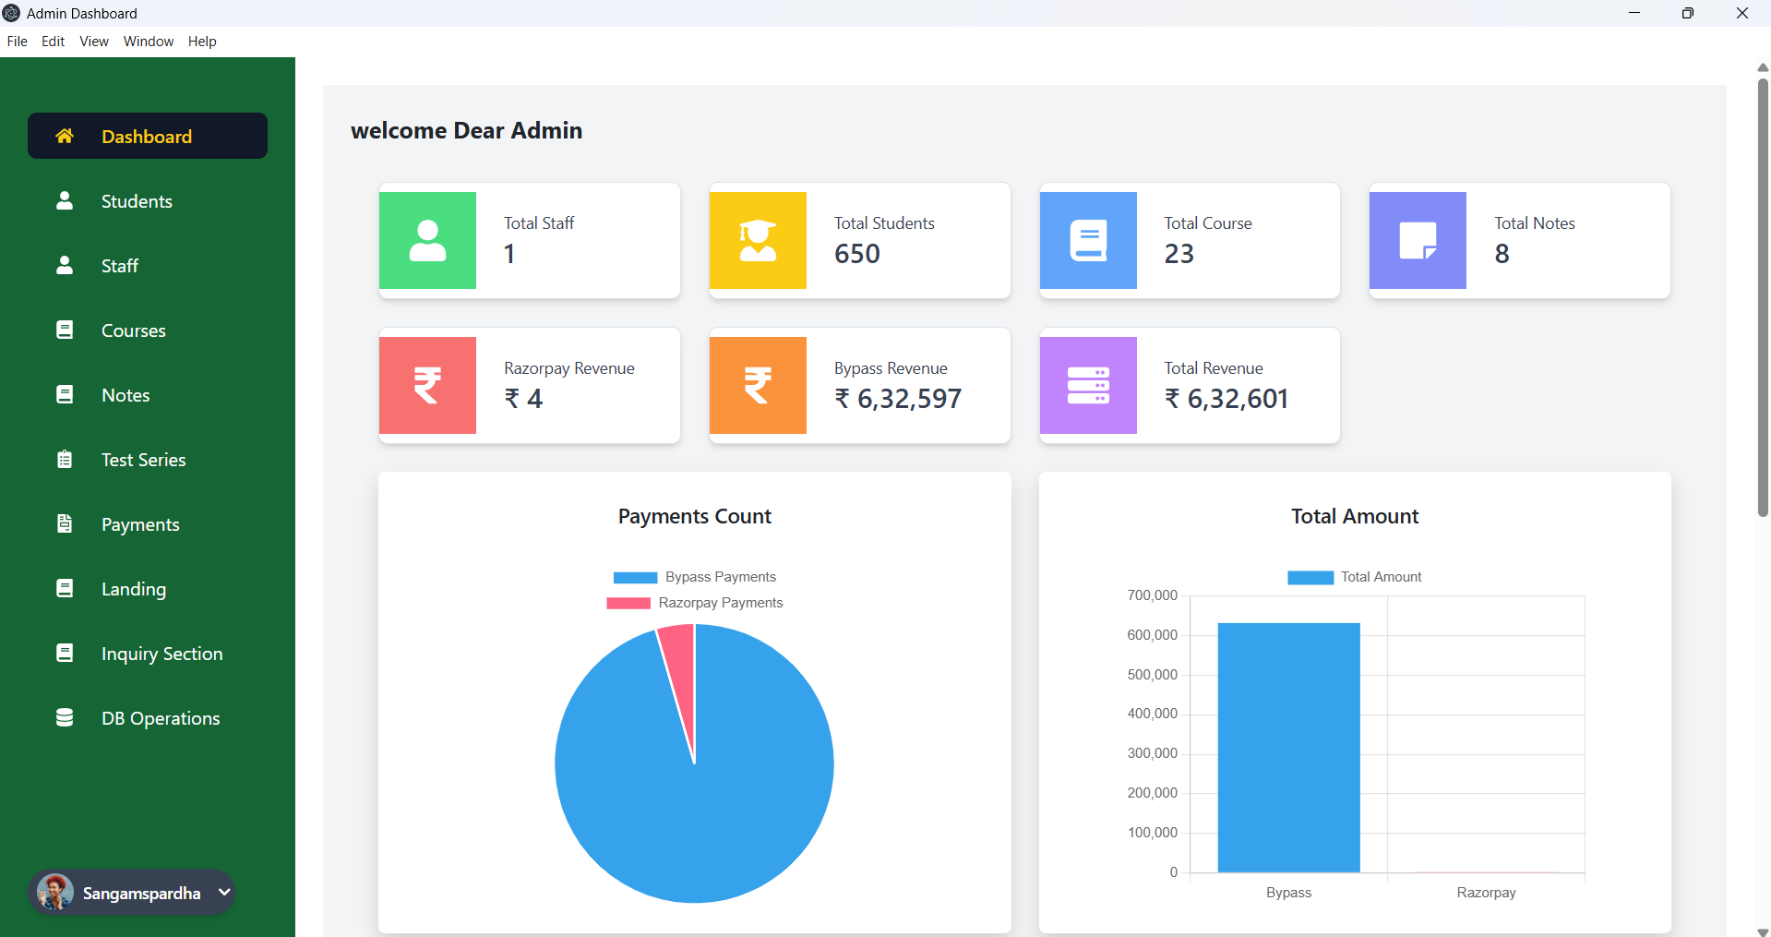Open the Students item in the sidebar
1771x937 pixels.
tap(137, 201)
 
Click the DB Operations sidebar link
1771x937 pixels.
tap(160, 718)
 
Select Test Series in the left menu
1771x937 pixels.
tap(143, 460)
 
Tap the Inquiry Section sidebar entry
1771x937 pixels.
tap(162, 654)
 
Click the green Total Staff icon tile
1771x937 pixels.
tap(427, 241)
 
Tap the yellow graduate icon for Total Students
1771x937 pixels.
tap(758, 241)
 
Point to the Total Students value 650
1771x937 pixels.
tap(857, 254)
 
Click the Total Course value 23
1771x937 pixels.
tap(1179, 254)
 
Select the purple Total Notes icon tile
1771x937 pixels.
tap(1418, 241)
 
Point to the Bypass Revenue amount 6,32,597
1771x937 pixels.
tap(909, 399)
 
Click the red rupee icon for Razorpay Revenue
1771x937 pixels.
tap(427, 386)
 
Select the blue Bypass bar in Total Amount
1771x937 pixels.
tap(1288, 748)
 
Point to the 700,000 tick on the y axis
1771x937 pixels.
tap(1152, 595)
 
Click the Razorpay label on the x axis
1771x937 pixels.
tap(1486, 893)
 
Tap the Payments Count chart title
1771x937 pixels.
tap(694, 516)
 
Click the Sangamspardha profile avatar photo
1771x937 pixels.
tap(55, 893)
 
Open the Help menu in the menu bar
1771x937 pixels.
tap(202, 42)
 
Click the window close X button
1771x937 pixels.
tap(1741, 13)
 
